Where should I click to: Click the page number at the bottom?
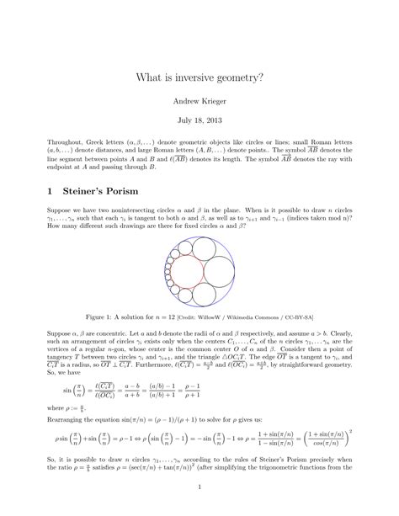(199, 485)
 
